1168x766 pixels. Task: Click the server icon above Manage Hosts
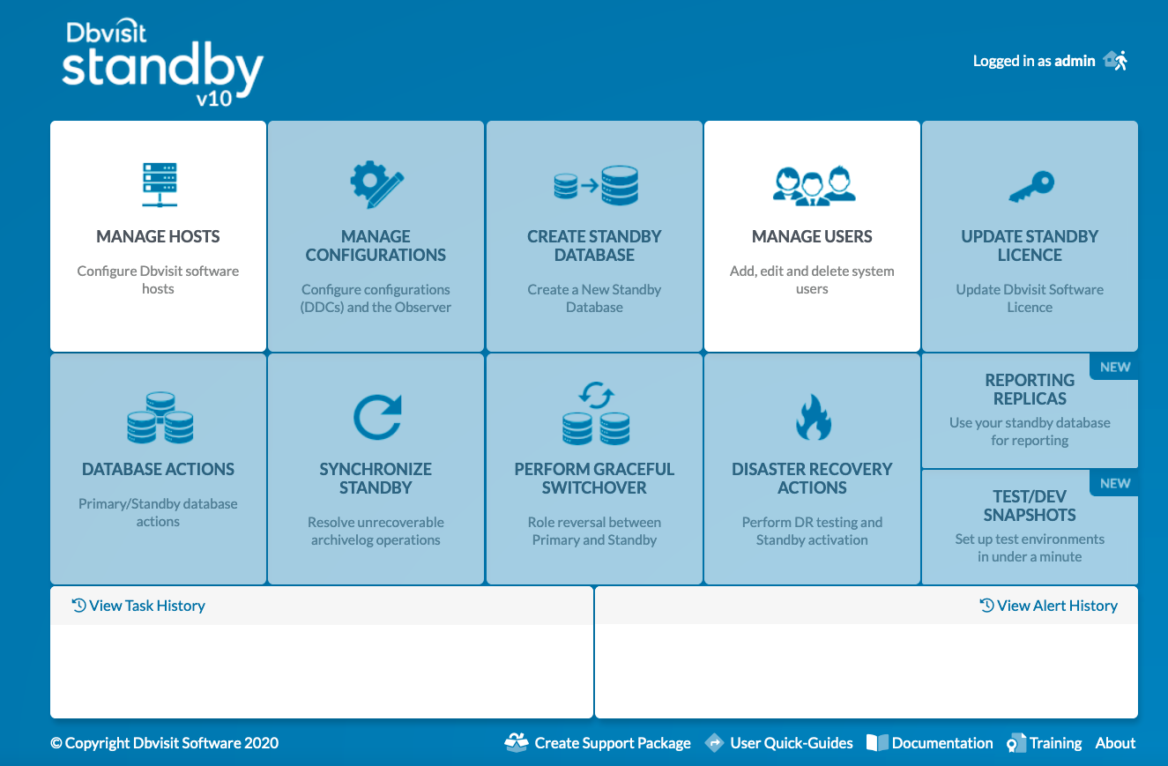click(159, 184)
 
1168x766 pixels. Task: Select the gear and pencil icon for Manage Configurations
click(376, 184)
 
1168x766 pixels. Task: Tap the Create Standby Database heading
click(594, 246)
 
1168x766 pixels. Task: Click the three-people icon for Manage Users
click(812, 184)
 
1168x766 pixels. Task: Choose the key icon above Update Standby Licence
click(1030, 185)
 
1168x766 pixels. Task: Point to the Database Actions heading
click(159, 469)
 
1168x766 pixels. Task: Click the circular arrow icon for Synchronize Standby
click(376, 417)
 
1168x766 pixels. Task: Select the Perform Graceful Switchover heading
click(594, 479)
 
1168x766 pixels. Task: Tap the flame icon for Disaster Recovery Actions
click(812, 417)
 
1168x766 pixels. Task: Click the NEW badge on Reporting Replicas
click(1115, 368)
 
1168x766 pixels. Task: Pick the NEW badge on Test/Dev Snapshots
click(1115, 484)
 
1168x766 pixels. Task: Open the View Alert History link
click(1049, 606)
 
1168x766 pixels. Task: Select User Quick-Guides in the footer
click(780, 743)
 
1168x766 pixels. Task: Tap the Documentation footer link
click(931, 743)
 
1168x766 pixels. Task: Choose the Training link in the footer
click(1046, 743)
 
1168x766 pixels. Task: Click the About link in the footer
click(1115, 743)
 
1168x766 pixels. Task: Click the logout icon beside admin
click(1116, 61)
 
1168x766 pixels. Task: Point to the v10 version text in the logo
click(213, 99)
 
